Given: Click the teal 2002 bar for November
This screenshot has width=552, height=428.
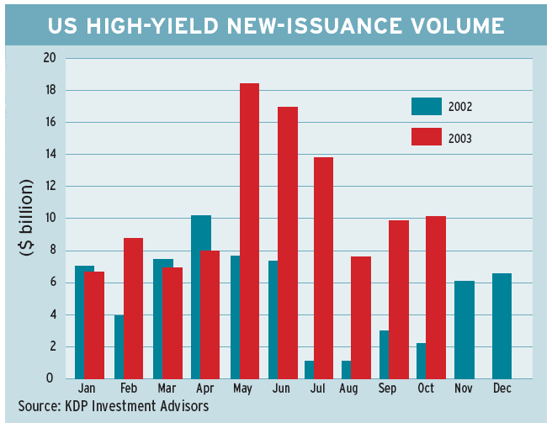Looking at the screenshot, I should point(464,330).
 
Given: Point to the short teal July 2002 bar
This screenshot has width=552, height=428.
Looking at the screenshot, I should point(308,369).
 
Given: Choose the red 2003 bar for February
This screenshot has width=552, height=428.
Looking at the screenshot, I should point(133,308).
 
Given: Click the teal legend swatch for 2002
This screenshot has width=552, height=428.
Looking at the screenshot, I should point(426,106).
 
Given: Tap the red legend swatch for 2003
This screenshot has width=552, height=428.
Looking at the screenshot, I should point(426,136).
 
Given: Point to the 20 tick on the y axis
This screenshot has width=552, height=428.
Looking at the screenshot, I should point(49,59).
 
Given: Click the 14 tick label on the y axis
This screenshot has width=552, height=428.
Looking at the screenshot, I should point(49,155).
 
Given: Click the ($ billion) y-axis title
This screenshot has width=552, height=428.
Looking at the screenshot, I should point(26,219).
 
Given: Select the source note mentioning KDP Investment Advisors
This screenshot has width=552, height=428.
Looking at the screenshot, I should point(114,406).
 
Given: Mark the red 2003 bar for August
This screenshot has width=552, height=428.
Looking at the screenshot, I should point(360,317).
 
